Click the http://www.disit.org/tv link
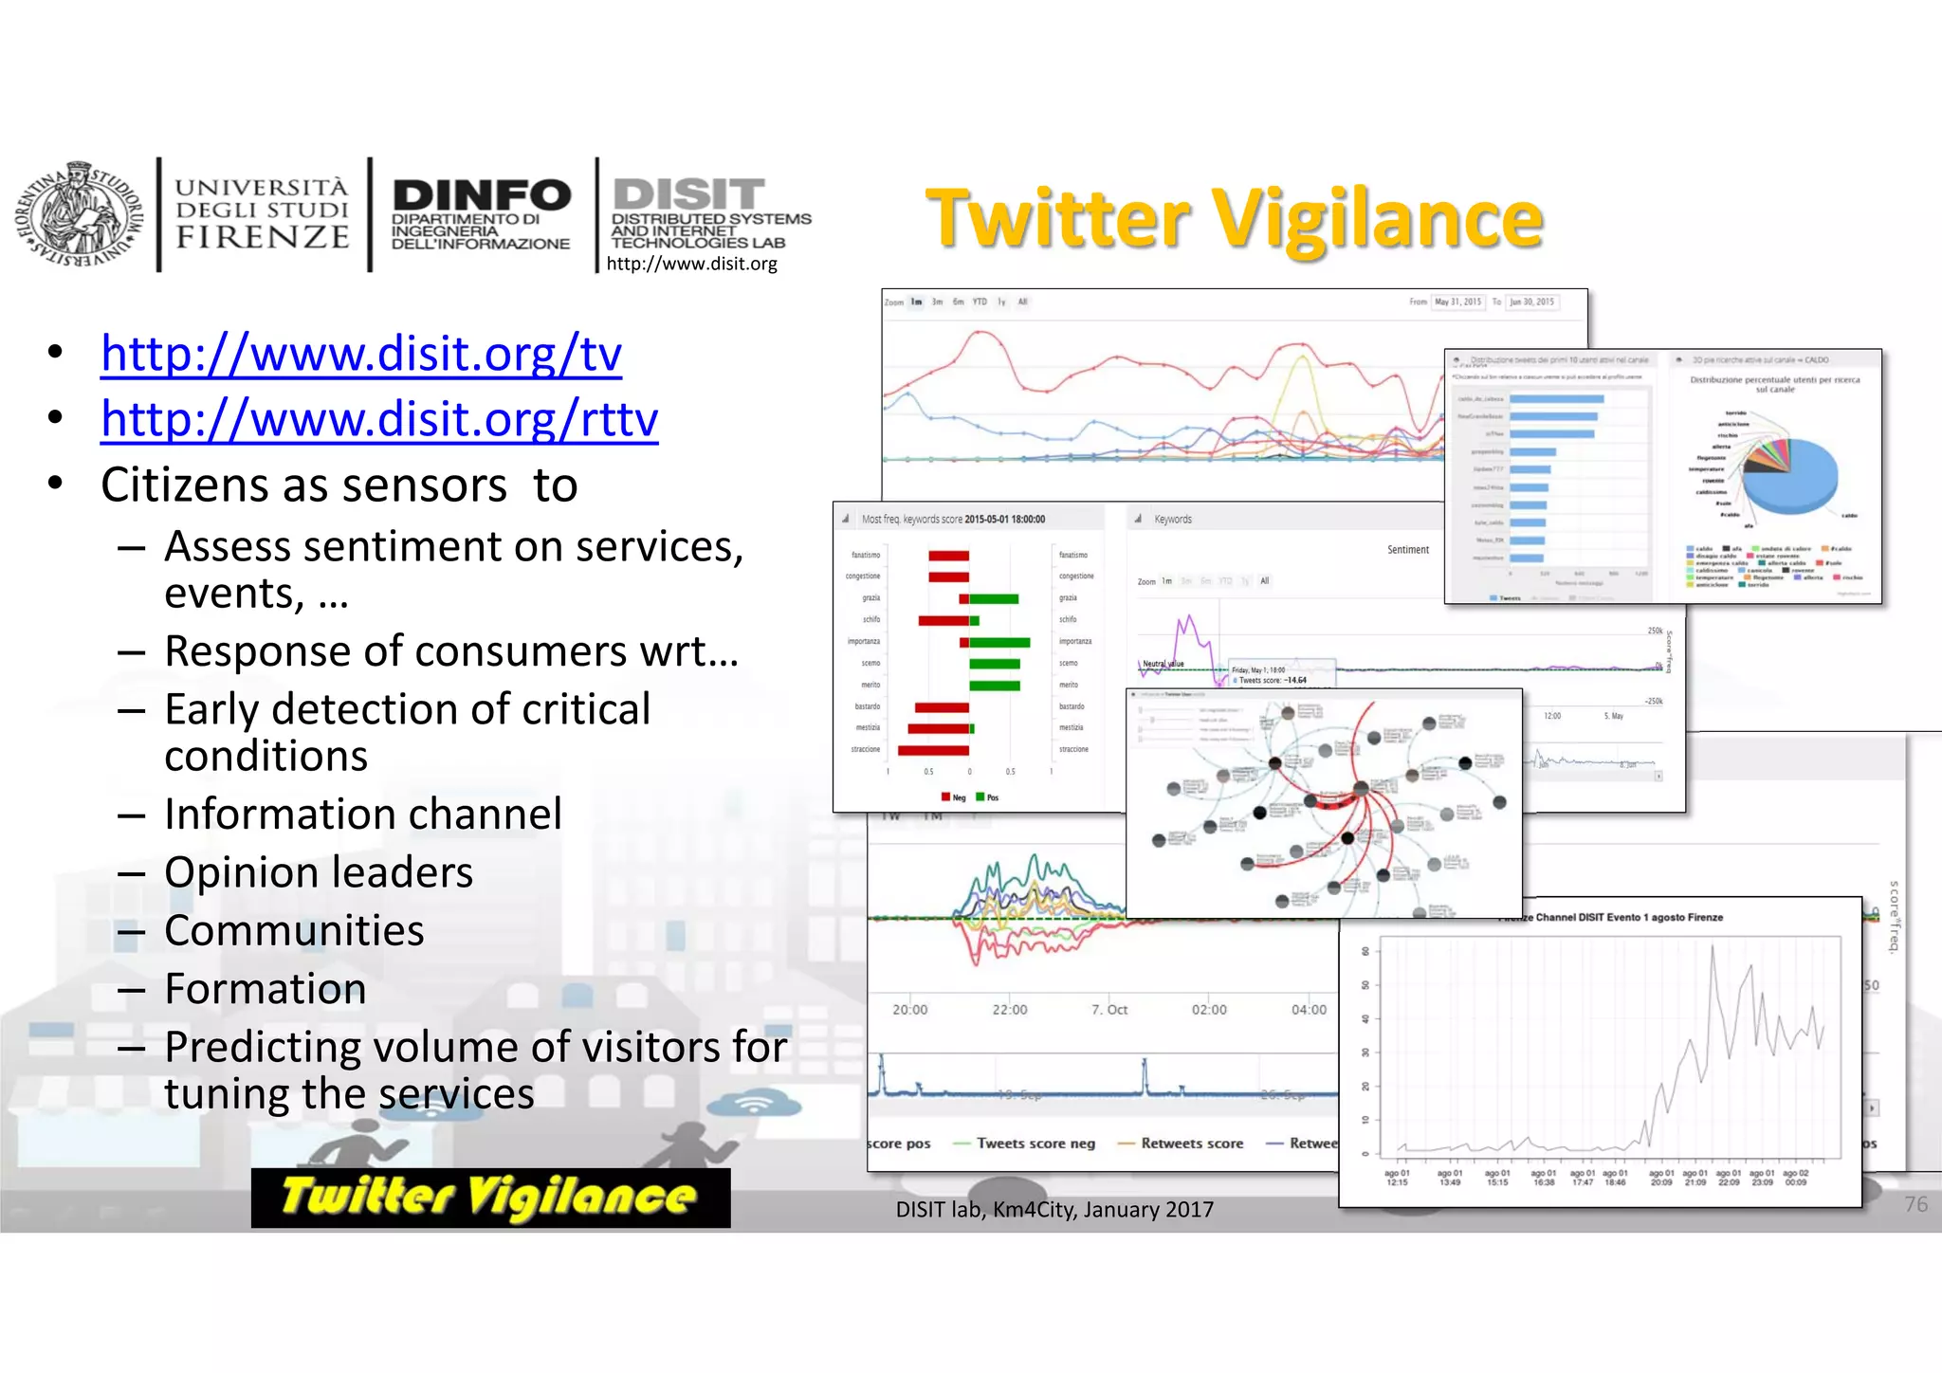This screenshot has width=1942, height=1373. click(x=361, y=355)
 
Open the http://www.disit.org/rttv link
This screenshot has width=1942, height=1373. click(x=379, y=419)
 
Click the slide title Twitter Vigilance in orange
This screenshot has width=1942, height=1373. click(x=1235, y=219)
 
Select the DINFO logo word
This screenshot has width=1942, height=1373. click(x=482, y=195)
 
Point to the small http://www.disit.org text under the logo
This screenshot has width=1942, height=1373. click(x=691, y=264)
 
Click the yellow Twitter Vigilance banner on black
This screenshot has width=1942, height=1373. click(x=490, y=1197)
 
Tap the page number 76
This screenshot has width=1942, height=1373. click(x=1915, y=1204)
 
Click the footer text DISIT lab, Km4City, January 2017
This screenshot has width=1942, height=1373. click(x=1054, y=1210)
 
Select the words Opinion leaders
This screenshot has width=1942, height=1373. click(x=319, y=872)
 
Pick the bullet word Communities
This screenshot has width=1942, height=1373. click(x=294, y=930)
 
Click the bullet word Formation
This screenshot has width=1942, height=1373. click(x=266, y=989)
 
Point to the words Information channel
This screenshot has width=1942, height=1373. click(x=363, y=815)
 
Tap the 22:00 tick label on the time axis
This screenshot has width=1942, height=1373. click(x=1010, y=1010)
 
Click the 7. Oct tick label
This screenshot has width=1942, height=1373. click(x=1109, y=1010)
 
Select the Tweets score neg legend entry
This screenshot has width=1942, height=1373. click(x=1035, y=1144)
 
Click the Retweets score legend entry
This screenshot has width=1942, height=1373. click(x=1191, y=1144)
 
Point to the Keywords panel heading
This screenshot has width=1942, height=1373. click(x=1173, y=520)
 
